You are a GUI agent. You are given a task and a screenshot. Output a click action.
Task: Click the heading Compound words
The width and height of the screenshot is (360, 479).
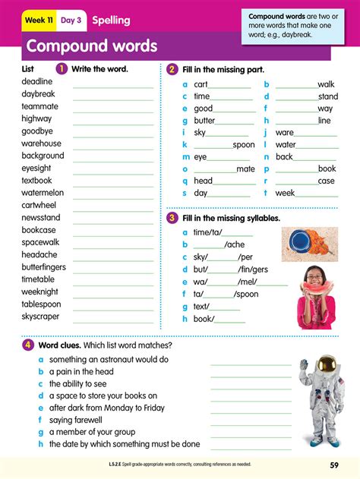(91, 46)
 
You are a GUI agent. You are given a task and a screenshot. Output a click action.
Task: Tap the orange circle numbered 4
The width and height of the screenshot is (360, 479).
(27, 345)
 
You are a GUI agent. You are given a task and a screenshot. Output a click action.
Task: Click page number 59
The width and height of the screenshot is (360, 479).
(334, 465)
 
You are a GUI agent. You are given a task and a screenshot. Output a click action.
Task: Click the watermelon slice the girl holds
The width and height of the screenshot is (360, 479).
(313, 287)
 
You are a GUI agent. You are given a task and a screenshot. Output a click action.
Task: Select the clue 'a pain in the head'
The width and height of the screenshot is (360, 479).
(81, 372)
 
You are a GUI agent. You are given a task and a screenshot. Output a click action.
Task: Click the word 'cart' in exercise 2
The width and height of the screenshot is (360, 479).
(201, 84)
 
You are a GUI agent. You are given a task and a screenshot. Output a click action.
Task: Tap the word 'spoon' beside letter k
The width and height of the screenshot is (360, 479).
(244, 145)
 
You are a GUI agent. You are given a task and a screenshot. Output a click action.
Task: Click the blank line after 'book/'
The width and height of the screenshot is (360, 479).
(231, 320)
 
